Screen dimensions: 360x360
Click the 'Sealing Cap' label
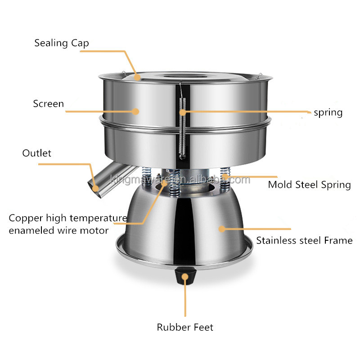(62, 43)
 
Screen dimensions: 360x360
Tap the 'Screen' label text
(49, 104)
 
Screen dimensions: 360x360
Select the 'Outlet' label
(37, 153)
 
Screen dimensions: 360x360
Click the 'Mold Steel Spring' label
(310, 185)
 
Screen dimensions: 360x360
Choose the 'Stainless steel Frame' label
(305, 241)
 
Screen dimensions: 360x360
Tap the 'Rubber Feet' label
(185, 328)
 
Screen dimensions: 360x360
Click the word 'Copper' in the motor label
(26, 218)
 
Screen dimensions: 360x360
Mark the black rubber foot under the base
(185, 277)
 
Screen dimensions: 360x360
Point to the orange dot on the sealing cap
(137, 77)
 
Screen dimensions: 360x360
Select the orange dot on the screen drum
(135, 112)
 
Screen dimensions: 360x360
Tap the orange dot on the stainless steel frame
(222, 229)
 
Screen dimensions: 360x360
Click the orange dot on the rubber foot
(185, 277)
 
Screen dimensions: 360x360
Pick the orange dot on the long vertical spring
(183, 112)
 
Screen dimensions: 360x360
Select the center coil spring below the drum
(175, 183)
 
